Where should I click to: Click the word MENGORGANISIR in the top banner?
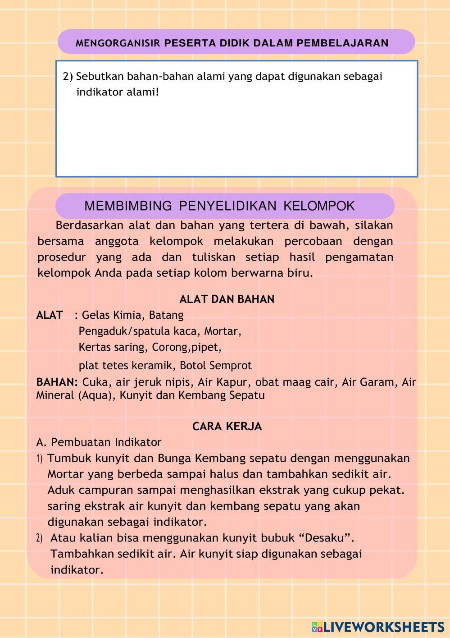pyautogui.click(x=118, y=43)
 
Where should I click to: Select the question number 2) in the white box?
pyautogui.click(x=68, y=77)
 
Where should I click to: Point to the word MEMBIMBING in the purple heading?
pyautogui.click(x=128, y=206)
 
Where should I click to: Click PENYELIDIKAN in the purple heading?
pyautogui.click(x=227, y=206)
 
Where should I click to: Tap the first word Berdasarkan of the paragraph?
pyautogui.click(x=90, y=225)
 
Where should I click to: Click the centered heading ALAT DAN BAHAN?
pyautogui.click(x=227, y=299)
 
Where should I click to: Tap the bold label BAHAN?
pyautogui.click(x=57, y=382)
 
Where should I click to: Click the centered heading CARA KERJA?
pyautogui.click(x=227, y=427)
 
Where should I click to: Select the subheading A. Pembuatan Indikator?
pyautogui.click(x=99, y=442)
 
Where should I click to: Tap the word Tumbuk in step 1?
pyautogui.click(x=65, y=459)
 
